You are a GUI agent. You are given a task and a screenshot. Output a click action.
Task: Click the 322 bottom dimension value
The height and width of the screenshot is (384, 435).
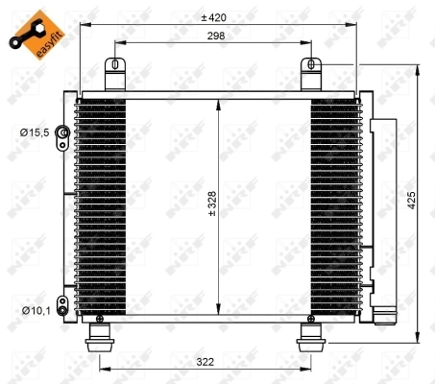click(x=204, y=363)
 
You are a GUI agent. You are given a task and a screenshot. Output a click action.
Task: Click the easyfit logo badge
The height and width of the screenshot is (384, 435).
click(x=28, y=30)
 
